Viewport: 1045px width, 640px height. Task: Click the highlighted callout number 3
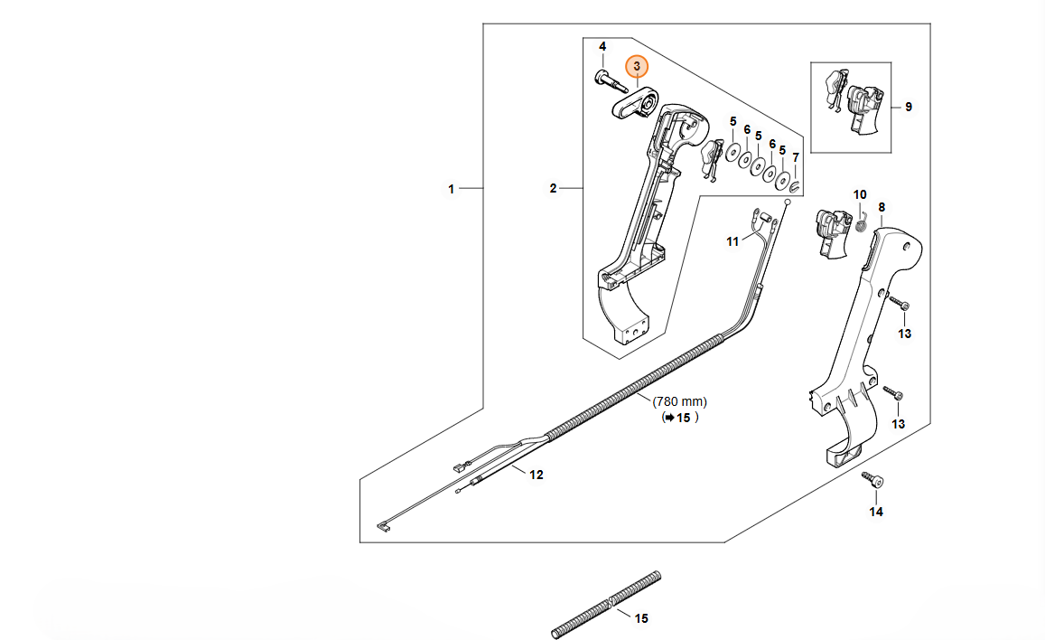pyautogui.click(x=637, y=67)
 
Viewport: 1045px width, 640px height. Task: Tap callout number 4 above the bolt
pyautogui.click(x=602, y=47)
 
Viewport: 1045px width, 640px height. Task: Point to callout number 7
pyautogui.click(x=796, y=158)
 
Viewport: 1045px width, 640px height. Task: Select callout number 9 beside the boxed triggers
pyautogui.click(x=909, y=107)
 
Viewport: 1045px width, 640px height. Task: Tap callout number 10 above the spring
pyautogui.click(x=861, y=194)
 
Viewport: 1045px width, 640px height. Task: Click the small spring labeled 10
pyautogui.click(x=861, y=223)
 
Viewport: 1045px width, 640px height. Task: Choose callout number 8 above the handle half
pyautogui.click(x=882, y=207)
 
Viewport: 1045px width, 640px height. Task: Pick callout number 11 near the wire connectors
pyautogui.click(x=733, y=242)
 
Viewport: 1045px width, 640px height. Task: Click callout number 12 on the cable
pyautogui.click(x=536, y=475)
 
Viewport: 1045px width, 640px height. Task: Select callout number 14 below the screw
pyautogui.click(x=876, y=512)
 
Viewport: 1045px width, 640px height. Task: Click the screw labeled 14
pyautogui.click(x=872, y=480)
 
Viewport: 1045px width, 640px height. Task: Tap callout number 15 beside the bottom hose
pyautogui.click(x=641, y=618)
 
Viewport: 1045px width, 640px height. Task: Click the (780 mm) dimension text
pyautogui.click(x=680, y=402)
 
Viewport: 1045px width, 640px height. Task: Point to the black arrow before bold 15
pyautogui.click(x=668, y=418)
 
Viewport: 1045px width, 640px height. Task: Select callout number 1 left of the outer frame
pyautogui.click(x=452, y=189)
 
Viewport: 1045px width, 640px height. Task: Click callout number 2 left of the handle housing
pyautogui.click(x=553, y=189)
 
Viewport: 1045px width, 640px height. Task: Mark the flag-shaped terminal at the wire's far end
pyautogui.click(x=384, y=528)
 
